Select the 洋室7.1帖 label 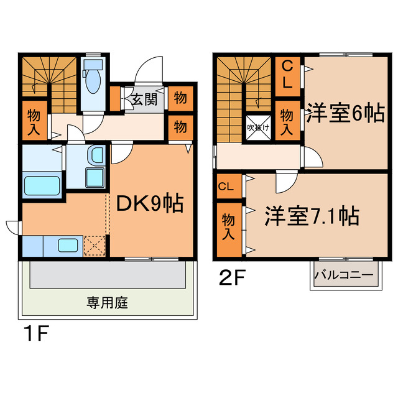click(312, 216)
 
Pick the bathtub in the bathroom click(42, 185)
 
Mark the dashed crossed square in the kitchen click(95, 244)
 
